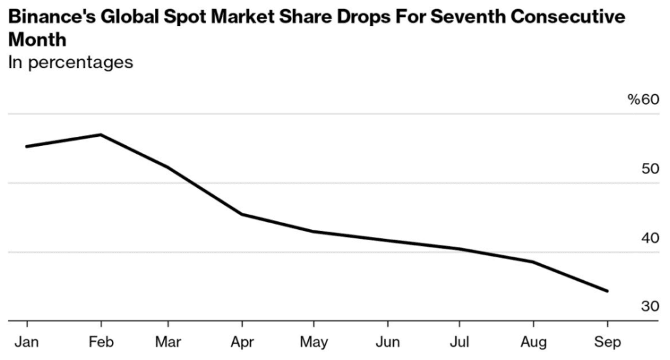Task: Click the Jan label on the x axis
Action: (27, 342)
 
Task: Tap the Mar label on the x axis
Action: (168, 342)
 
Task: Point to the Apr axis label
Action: (242, 342)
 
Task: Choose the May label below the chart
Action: (313, 342)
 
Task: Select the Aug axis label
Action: (533, 342)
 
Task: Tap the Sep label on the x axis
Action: (607, 342)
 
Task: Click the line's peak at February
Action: (100, 135)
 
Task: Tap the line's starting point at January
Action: (27, 146)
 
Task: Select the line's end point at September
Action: (607, 291)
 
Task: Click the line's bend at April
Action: (242, 214)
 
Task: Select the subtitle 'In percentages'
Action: (71, 62)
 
